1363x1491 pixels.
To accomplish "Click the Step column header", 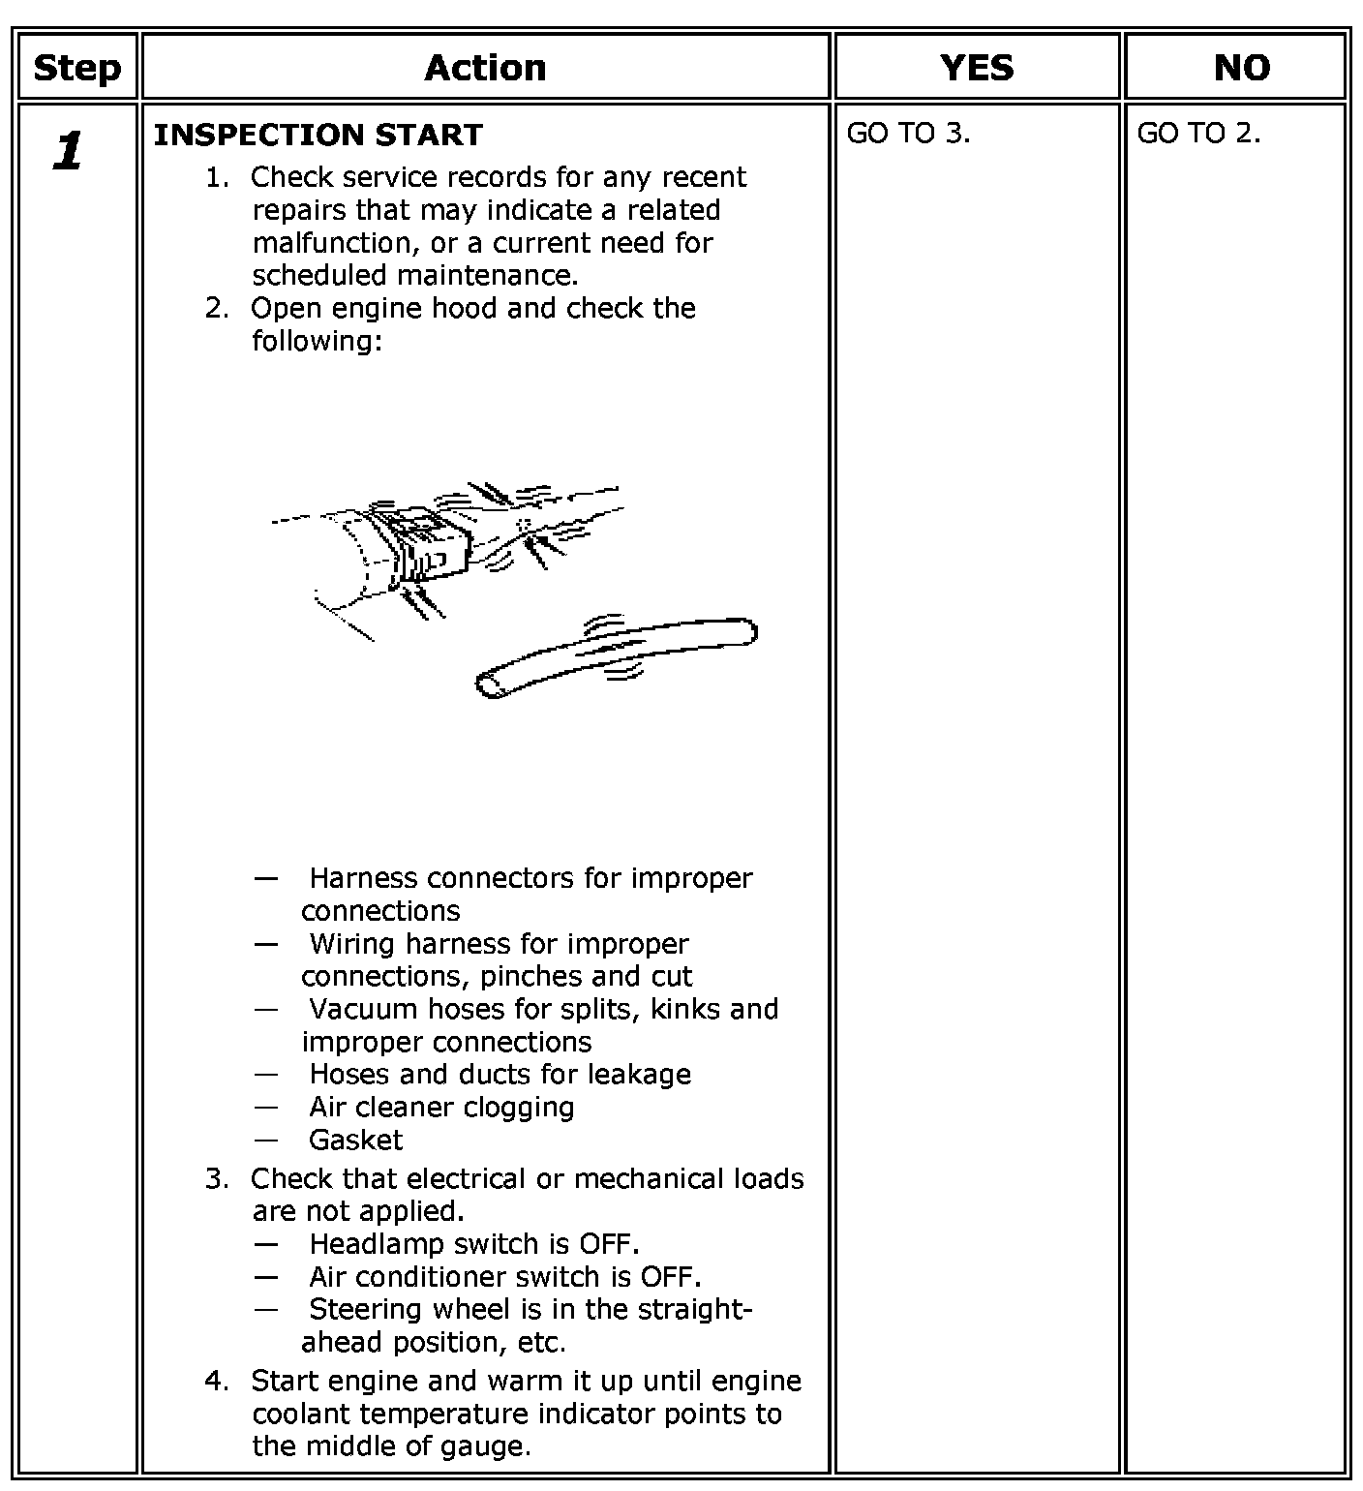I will (76, 68).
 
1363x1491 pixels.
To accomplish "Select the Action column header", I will (485, 68).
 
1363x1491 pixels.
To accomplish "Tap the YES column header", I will (977, 68).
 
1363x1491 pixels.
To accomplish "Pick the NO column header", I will (1241, 68).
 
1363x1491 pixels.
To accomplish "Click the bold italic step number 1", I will (68, 152).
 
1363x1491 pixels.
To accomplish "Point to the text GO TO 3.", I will (908, 134).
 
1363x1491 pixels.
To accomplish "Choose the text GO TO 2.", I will (1198, 134).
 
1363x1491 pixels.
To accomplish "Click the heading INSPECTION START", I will (318, 135).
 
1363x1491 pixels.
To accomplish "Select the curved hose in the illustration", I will (616, 654).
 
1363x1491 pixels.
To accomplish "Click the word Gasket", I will (355, 1140).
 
